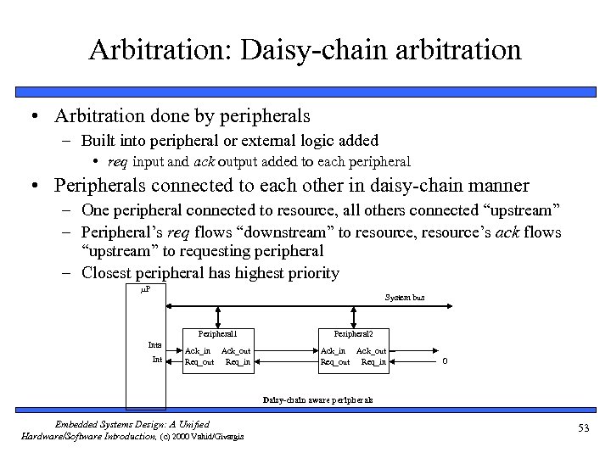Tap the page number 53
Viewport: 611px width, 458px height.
(582, 427)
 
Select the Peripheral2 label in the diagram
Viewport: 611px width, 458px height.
(352, 333)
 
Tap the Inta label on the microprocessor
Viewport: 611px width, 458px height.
(154, 345)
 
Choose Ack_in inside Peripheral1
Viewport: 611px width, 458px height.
(198, 351)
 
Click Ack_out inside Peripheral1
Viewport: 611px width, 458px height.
(236, 351)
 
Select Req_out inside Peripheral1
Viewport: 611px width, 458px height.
(199, 362)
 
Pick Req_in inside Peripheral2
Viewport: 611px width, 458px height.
(373, 362)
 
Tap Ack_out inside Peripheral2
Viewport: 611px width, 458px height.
(371, 351)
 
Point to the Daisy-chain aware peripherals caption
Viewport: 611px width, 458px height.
(317, 399)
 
